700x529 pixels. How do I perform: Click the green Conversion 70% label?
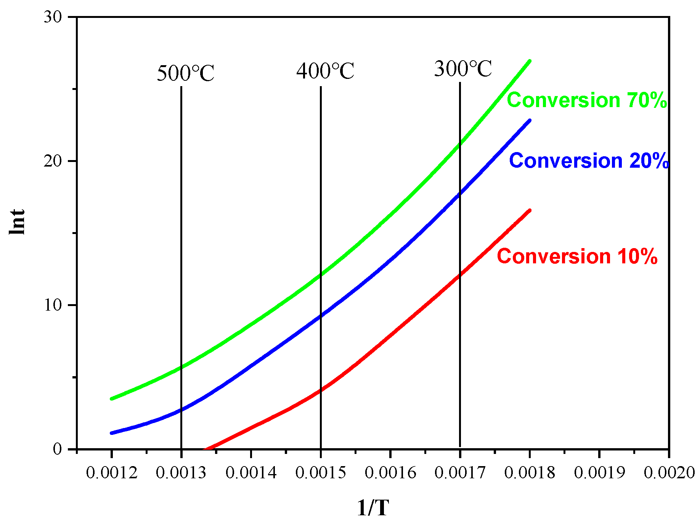point(587,100)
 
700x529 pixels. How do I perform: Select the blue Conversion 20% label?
point(589,161)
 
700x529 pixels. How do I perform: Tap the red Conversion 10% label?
point(577,256)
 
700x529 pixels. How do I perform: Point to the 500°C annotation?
point(186,73)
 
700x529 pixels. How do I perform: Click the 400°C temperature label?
point(325,71)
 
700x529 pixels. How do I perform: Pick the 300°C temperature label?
point(463,69)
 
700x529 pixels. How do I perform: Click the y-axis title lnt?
point(18,222)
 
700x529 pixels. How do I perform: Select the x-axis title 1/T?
point(373,508)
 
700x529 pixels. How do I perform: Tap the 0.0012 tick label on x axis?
point(111,473)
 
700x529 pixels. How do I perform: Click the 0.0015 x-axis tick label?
point(321,473)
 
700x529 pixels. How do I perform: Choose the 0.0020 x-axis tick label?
point(669,473)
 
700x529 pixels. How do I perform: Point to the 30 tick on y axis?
point(53,17)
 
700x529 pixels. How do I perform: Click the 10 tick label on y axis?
point(53,305)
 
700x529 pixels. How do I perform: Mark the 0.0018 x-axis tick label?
point(530,473)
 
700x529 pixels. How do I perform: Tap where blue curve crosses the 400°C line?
point(321,316)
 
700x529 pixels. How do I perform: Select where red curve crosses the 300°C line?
point(460,274)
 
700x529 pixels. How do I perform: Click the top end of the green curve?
point(529,61)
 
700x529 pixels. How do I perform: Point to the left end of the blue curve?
point(111,433)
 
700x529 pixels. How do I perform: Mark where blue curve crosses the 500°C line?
point(181,410)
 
